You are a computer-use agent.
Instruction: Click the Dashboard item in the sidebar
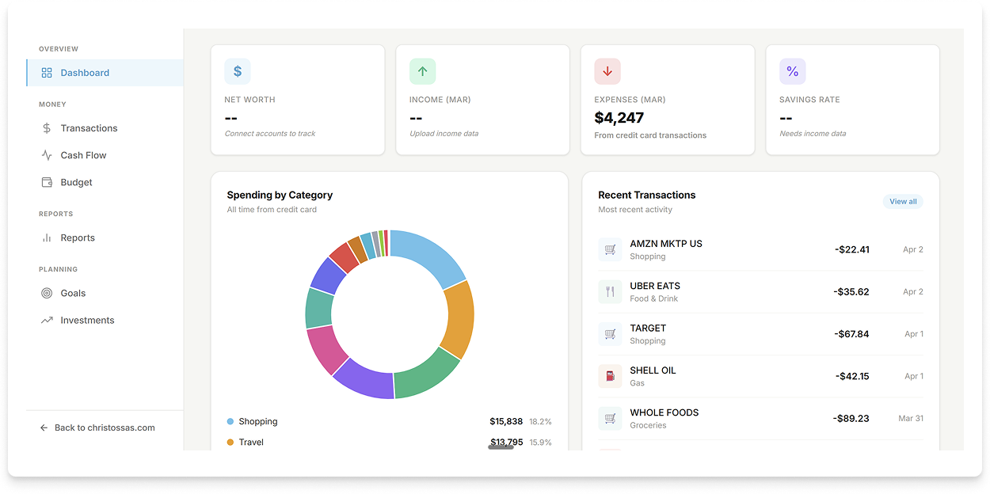pos(84,73)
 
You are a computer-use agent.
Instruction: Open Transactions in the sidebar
pos(89,128)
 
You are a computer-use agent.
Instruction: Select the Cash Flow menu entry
pos(83,155)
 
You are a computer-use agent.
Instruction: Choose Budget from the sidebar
pos(76,182)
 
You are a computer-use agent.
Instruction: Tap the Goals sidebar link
pos(73,293)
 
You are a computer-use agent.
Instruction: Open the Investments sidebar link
pos(87,320)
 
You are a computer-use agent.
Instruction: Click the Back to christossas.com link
pos(104,427)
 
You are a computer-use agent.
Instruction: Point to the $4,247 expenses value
pos(619,118)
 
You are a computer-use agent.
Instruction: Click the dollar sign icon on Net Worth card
pos(238,71)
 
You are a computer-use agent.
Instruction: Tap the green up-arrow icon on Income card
pos(422,71)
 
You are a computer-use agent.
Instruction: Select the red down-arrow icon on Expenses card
pos(607,71)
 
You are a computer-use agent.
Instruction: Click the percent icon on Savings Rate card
pos(792,71)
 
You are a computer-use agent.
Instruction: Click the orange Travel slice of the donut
pos(458,319)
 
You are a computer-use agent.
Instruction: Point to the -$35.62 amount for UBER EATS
pos(851,291)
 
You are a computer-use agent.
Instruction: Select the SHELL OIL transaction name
pos(653,370)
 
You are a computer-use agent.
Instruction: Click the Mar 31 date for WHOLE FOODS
pos(910,418)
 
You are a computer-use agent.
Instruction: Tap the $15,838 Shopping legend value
pos(505,421)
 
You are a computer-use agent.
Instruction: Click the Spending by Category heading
pos(280,195)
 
